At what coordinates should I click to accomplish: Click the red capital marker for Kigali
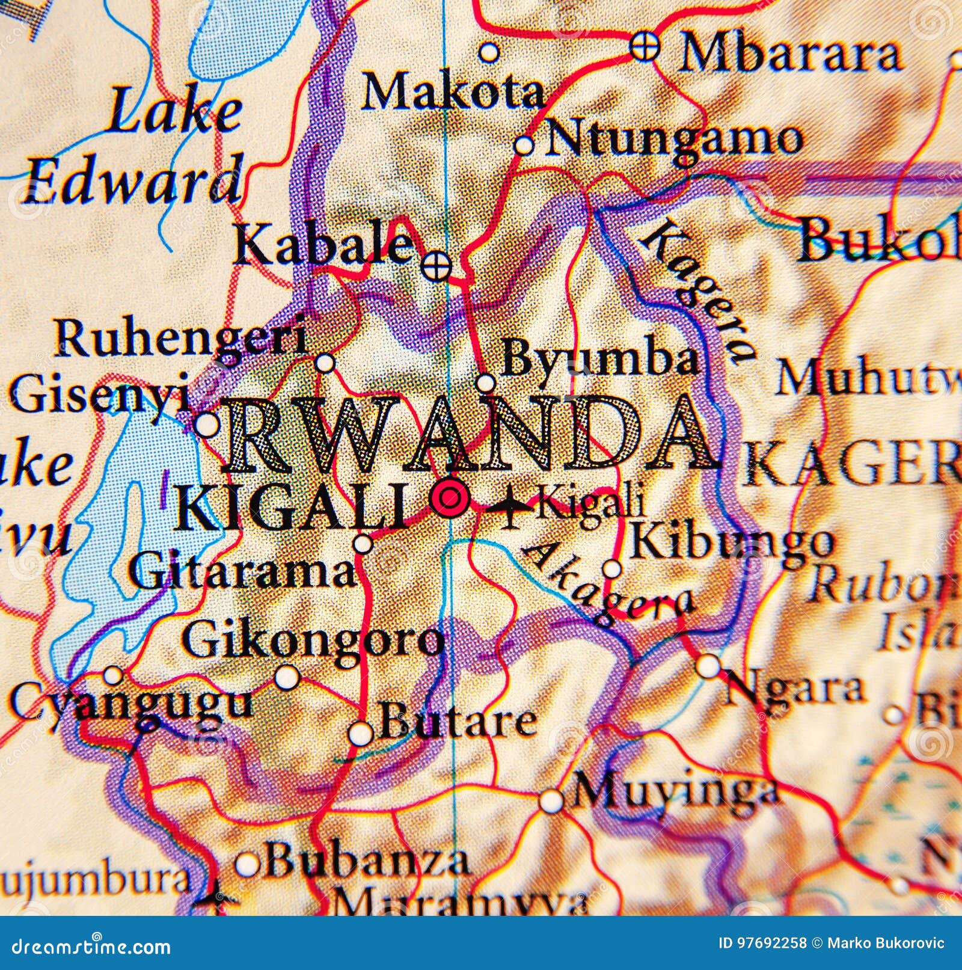click(450, 497)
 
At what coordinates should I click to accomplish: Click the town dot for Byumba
click(485, 383)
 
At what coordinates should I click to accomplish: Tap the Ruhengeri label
click(180, 340)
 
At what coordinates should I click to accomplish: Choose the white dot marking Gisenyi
click(207, 425)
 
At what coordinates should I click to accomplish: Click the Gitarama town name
click(243, 573)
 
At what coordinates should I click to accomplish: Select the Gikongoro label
click(313, 642)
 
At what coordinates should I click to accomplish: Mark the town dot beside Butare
click(361, 733)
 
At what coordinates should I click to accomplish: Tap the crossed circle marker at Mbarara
click(645, 47)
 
